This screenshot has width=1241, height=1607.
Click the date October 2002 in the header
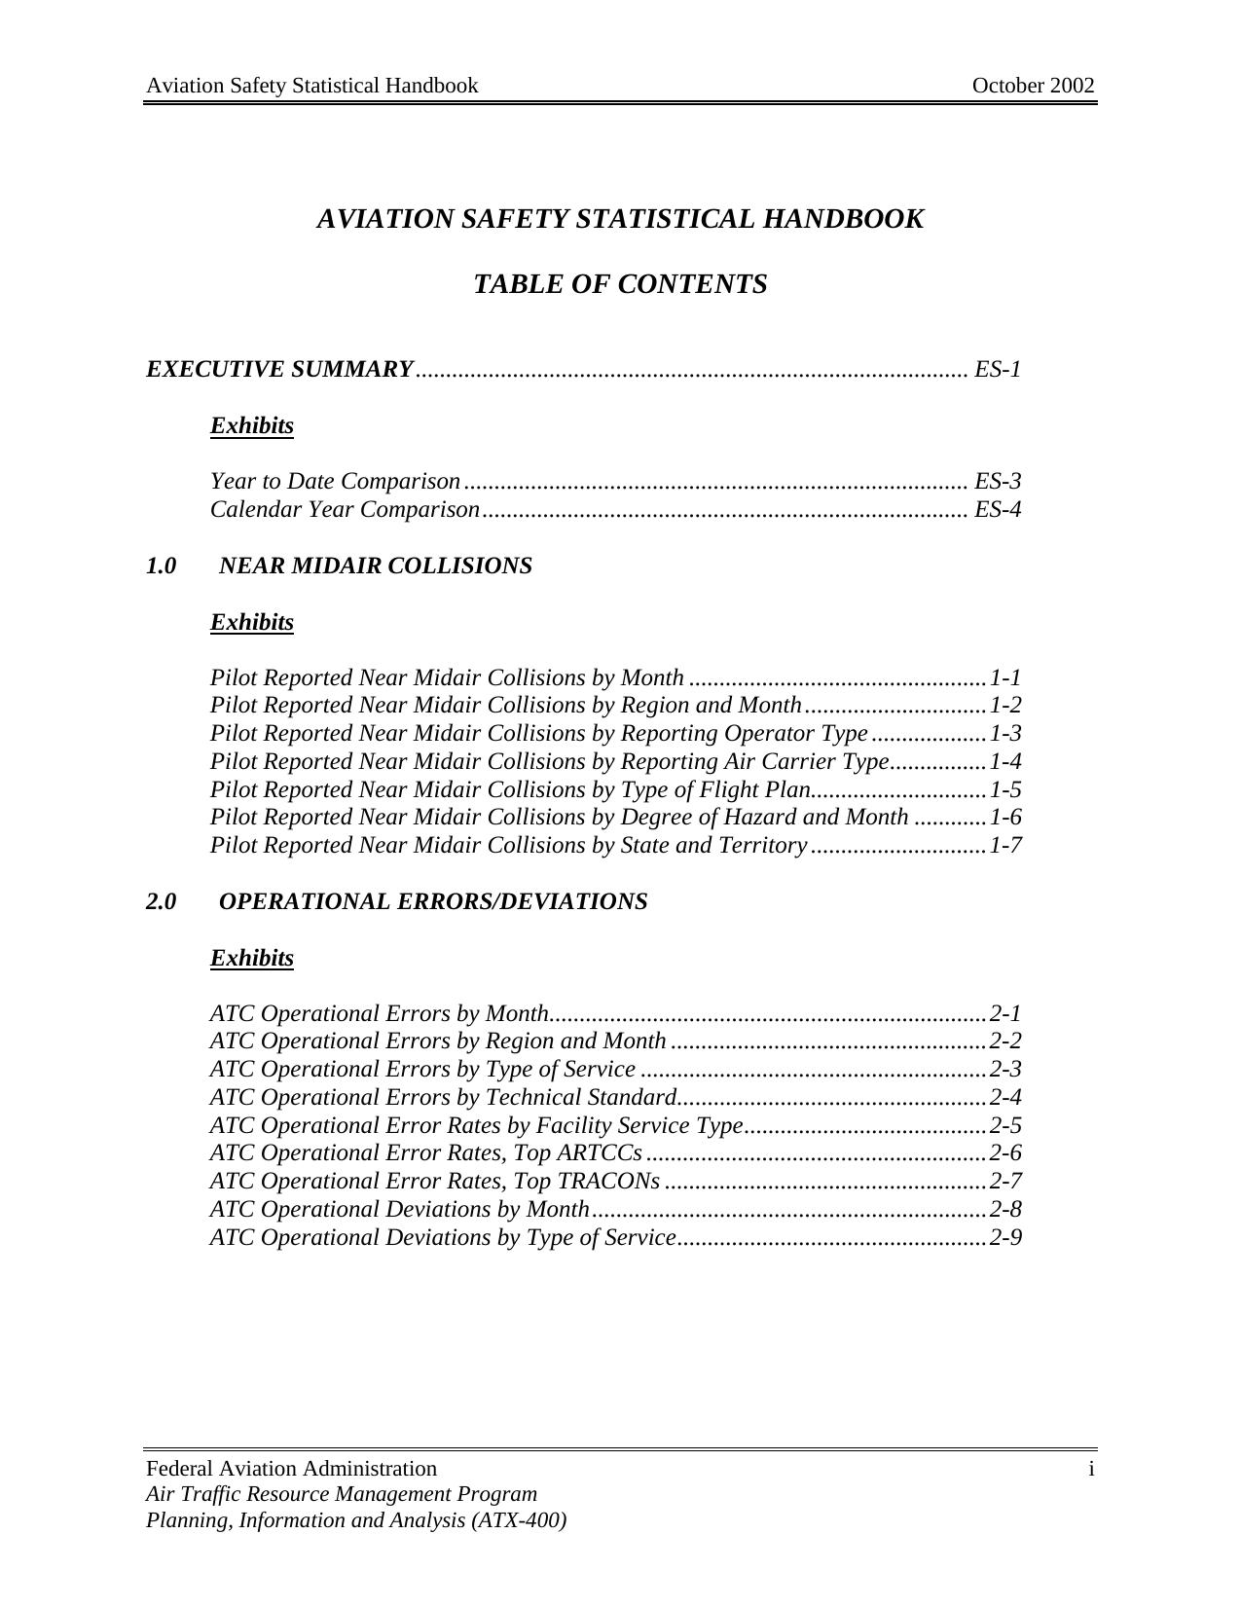(x=1033, y=86)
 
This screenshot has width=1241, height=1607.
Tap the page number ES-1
(x=998, y=370)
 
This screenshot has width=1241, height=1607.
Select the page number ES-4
(x=998, y=510)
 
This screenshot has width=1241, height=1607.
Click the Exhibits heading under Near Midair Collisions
(x=252, y=622)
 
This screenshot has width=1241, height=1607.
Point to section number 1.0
(x=162, y=566)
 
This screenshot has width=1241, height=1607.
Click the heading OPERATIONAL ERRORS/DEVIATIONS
(x=433, y=902)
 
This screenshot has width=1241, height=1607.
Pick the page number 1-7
(x=1005, y=846)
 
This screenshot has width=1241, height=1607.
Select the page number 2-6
(x=1005, y=1153)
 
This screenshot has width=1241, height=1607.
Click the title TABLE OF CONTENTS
(x=620, y=285)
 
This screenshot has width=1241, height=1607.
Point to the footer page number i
(x=1091, y=1469)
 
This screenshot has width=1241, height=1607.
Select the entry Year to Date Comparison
(x=335, y=482)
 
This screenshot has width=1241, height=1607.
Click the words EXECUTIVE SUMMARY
(x=280, y=370)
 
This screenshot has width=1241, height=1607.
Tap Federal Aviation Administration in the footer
(x=291, y=1469)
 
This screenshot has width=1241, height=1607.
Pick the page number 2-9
(x=1005, y=1238)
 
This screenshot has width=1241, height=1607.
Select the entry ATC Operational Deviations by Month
(x=400, y=1210)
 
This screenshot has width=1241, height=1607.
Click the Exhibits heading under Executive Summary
(x=252, y=426)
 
